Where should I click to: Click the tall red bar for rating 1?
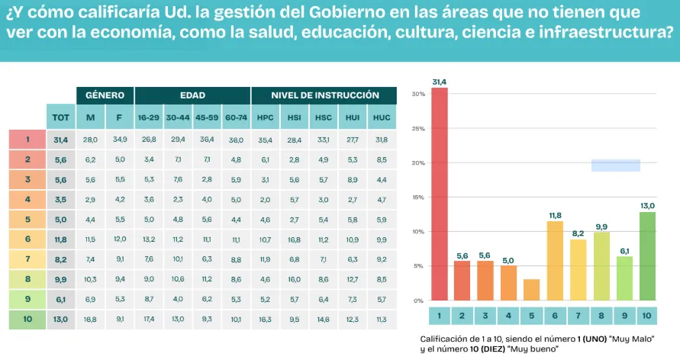[440, 194]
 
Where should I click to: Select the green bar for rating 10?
[647, 256]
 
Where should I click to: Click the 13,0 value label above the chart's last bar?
[647, 205]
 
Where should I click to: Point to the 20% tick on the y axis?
[417, 163]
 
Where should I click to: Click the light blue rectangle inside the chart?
[616, 166]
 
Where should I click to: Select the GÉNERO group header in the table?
[105, 95]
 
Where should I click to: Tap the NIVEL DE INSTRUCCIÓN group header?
[324, 95]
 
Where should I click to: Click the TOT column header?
[60, 117]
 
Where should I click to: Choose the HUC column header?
[382, 117]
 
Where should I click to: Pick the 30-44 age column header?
[177, 117]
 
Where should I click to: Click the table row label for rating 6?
[27, 239]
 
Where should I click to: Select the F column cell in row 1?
[120, 140]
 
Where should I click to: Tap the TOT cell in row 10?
[60, 319]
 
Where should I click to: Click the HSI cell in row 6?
[294, 239]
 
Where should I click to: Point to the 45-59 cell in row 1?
[207, 140]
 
